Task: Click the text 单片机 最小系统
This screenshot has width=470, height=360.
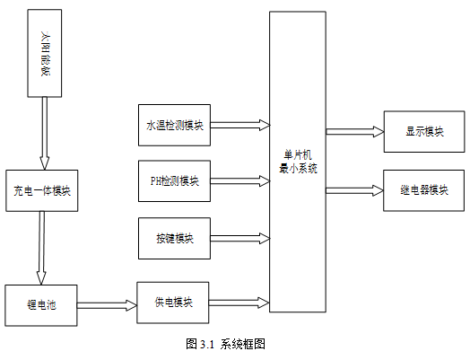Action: click(298, 162)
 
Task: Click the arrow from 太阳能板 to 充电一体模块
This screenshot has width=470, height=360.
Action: click(45, 134)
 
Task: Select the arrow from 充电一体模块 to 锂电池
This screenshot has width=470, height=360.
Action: click(41, 248)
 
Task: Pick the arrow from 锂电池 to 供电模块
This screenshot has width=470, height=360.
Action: click(107, 305)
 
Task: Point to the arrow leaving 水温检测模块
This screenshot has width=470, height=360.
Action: click(240, 125)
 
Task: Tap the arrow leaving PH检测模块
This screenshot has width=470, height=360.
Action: click(240, 181)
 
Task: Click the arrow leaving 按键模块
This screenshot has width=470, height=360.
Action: click(240, 239)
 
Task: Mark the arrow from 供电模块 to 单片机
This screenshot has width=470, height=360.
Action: click(239, 303)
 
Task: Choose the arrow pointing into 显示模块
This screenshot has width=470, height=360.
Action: click(355, 132)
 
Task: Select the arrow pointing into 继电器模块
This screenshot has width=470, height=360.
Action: click(354, 190)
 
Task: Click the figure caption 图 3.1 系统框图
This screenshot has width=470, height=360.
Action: click(225, 344)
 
